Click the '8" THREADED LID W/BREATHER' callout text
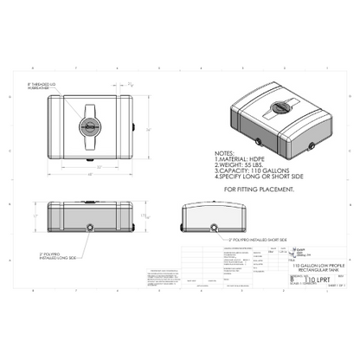pyautogui.click(x=42, y=85)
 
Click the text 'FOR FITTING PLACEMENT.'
pyautogui.click(x=259, y=187)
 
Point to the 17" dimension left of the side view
pyautogui.click(x=35, y=215)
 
